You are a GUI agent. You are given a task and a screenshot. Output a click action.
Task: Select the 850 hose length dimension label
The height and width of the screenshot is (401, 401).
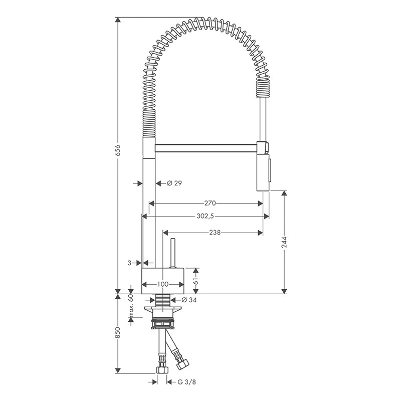tap(118, 332)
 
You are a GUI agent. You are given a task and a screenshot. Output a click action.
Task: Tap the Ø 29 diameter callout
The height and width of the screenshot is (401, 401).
tap(174, 183)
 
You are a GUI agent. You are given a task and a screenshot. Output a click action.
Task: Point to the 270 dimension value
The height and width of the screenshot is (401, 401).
tap(210, 204)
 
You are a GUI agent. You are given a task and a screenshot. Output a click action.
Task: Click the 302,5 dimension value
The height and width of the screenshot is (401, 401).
tap(206, 217)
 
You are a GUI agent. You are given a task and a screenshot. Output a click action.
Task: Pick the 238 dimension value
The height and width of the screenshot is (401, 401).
tap(215, 233)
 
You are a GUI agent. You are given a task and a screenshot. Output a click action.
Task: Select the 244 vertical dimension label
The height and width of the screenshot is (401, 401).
tap(284, 242)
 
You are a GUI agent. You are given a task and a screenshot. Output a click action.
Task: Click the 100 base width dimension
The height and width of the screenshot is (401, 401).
tap(163, 284)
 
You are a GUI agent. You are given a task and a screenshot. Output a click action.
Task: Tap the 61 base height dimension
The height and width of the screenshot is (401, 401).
tap(196, 281)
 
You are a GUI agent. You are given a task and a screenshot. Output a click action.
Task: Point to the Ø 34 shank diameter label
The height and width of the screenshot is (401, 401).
tap(189, 300)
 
